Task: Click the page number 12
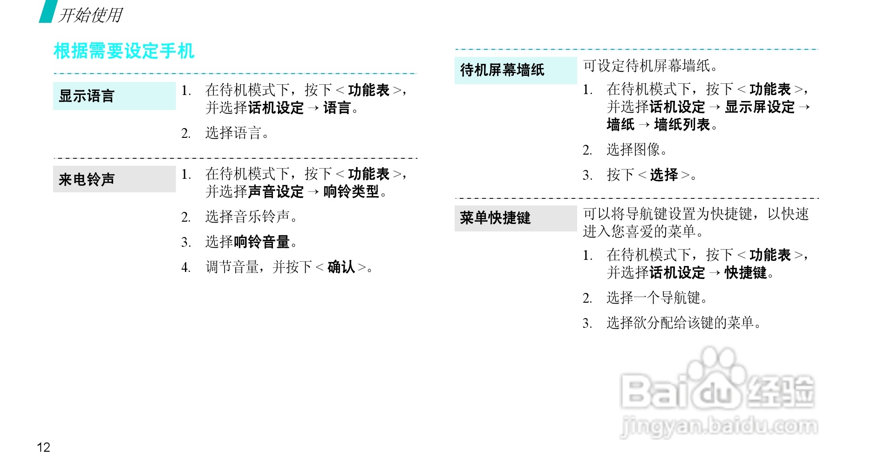coord(43,448)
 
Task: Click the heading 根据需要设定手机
coord(123,51)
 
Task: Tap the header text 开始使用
coord(90,15)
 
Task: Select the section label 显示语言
coord(87,96)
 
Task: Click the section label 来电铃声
coord(87,179)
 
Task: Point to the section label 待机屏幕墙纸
coord(502,70)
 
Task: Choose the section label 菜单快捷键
coord(495,218)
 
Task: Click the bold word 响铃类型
coord(351,191)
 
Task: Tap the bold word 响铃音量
coord(261,242)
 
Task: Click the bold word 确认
coord(341,267)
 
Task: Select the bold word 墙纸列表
coord(682,125)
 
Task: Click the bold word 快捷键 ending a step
coord(745,273)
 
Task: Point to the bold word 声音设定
coord(276,191)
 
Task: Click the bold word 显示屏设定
coord(760,107)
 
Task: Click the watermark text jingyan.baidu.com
coord(719,426)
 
